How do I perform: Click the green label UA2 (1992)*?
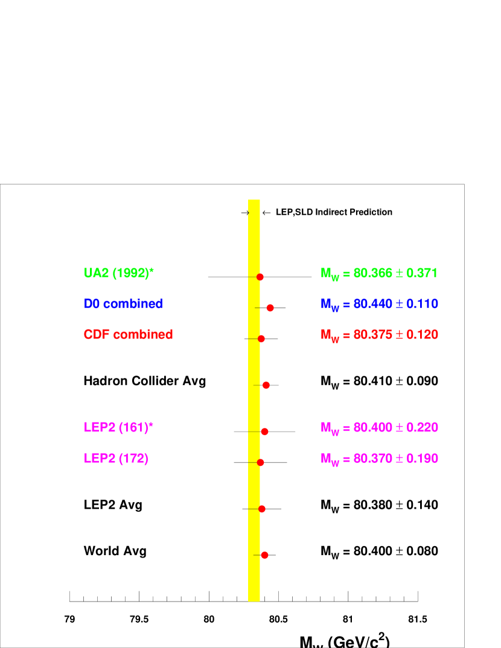point(119,273)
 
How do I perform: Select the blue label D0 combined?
point(123,304)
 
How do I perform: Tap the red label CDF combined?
point(128,335)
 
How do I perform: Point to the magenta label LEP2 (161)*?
point(118,427)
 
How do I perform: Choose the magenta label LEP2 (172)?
point(116,459)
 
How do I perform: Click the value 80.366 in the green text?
point(372,273)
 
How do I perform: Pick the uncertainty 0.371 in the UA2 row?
point(421,273)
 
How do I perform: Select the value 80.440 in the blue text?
point(372,304)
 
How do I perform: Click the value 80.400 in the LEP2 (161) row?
point(372,427)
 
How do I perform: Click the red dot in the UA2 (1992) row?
point(260,277)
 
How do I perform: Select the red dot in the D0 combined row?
point(270,308)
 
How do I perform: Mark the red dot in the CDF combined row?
point(261,339)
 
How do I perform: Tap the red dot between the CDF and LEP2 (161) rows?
point(266,385)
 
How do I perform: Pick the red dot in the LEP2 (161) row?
point(264,432)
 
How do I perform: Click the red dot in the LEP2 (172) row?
point(261,462)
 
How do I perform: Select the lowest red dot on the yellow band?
point(264,555)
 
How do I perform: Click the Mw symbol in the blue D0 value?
point(330,305)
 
